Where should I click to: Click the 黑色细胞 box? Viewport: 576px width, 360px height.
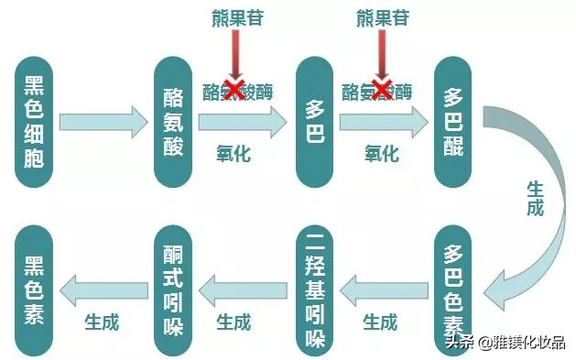[x=37, y=120]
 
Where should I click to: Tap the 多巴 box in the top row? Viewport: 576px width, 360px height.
[x=316, y=120]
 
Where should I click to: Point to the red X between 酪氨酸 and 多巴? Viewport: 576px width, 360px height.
[x=234, y=90]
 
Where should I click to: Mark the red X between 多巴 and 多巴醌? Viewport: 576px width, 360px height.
[x=382, y=90]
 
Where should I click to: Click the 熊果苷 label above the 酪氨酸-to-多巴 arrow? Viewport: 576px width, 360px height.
[x=234, y=16]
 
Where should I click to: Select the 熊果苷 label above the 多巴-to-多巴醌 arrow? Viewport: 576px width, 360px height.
[x=382, y=16]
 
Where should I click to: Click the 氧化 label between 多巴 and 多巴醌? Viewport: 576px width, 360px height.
[x=382, y=152]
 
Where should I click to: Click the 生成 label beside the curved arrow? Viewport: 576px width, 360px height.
[x=535, y=198]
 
